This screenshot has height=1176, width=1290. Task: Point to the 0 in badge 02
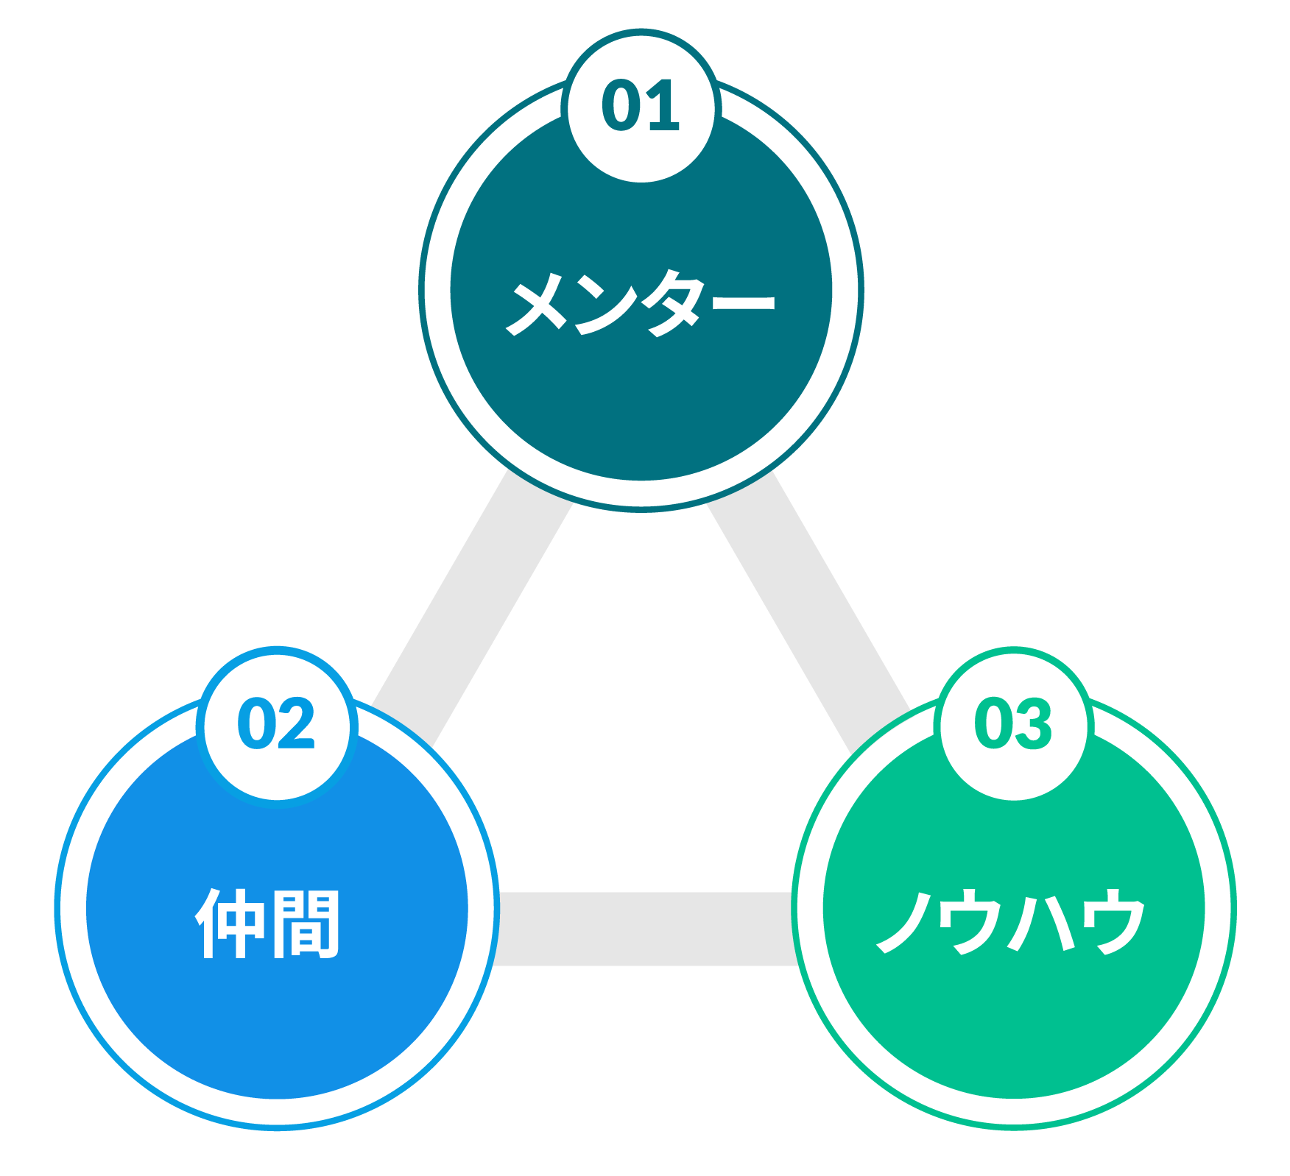point(255,724)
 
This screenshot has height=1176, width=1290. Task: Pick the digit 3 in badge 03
point(1034,724)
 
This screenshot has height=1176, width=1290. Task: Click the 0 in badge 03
point(993,724)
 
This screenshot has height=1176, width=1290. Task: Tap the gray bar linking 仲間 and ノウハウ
point(645,929)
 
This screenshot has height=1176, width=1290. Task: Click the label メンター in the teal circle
point(641,302)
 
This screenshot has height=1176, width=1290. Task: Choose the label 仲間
point(268,924)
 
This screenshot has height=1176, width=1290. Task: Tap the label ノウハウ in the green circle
point(1011,921)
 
